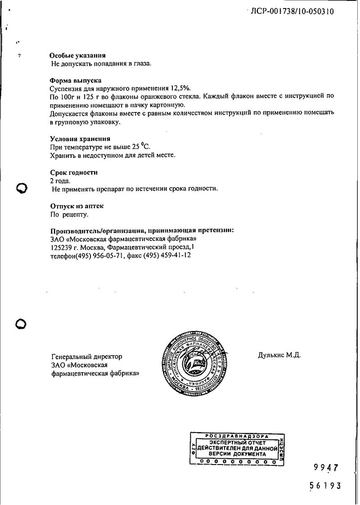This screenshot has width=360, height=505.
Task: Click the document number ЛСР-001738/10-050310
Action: click(292, 12)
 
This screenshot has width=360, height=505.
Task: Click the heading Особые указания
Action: click(77, 56)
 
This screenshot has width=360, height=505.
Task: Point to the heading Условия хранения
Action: click(80, 139)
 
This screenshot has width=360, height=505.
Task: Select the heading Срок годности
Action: click(74, 173)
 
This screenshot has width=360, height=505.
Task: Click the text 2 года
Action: click(60, 181)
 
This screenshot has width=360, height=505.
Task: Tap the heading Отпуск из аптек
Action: click(77, 206)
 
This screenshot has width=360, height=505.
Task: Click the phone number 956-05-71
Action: click(108, 255)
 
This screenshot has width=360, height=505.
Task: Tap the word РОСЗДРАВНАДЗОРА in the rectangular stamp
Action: click(237, 436)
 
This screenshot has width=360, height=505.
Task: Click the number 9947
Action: click(325, 468)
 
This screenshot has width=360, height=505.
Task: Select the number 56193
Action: click(325, 486)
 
